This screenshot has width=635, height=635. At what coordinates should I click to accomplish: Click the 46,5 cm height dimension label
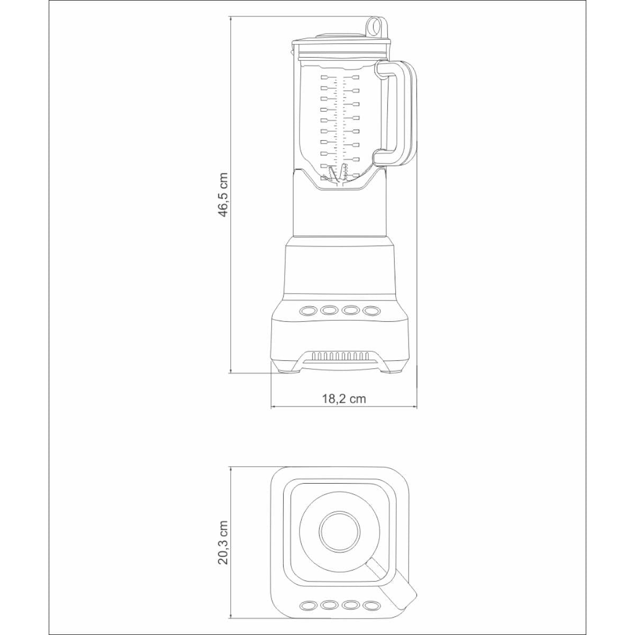tap(224, 194)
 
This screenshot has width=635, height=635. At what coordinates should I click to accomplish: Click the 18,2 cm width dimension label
tap(344, 399)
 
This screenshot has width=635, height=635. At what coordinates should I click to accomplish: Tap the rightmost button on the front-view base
tap(371, 310)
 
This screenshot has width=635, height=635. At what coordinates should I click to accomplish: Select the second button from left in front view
tap(329, 310)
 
